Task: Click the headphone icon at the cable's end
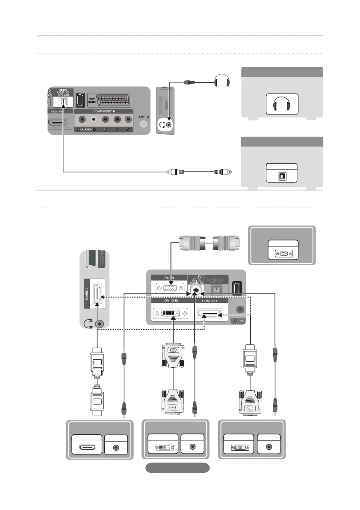(221, 80)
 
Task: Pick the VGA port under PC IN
(169, 289)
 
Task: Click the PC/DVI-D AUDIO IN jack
(196, 289)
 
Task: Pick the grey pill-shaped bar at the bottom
(177, 468)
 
